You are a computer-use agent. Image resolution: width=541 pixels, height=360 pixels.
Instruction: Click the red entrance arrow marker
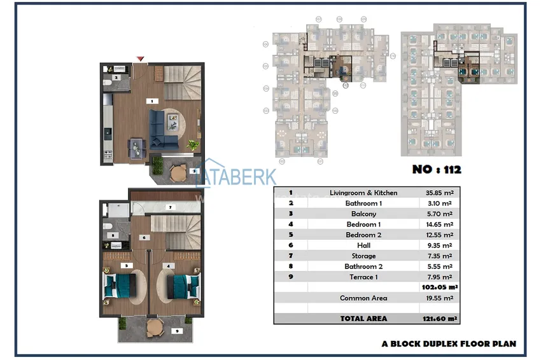click(140, 59)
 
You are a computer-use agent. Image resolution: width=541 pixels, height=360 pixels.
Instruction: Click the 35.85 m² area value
click(439, 193)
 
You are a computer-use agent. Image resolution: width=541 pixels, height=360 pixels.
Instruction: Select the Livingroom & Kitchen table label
click(363, 193)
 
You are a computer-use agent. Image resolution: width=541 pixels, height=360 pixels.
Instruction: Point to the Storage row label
click(363, 256)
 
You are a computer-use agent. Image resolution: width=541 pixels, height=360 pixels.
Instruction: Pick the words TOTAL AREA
click(363, 318)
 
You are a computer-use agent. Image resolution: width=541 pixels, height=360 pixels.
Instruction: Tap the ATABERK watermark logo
click(239, 177)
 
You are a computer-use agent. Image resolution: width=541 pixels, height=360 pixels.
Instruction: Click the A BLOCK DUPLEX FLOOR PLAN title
click(449, 343)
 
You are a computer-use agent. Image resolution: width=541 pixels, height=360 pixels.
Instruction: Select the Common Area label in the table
click(363, 298)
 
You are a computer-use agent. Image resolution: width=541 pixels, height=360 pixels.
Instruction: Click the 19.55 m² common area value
click(439, 298)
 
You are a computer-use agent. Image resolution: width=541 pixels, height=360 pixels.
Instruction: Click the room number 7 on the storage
click(170, 207)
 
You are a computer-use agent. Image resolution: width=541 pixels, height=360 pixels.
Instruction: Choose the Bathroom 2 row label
click(363, 267)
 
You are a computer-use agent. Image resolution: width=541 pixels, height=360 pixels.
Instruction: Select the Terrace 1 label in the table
click(363, 277)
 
